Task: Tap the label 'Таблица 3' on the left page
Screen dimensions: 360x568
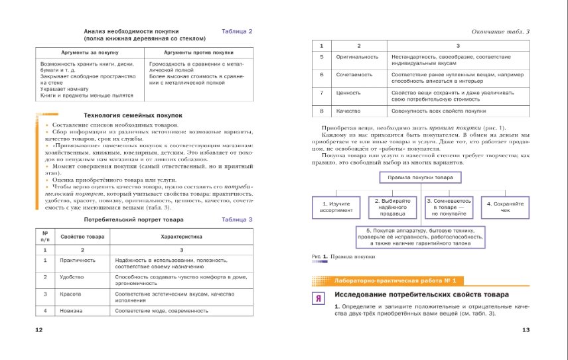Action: (x=237, y=219)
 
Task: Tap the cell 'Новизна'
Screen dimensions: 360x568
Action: (x=71, y=310)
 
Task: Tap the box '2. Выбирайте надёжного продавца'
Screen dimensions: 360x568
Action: (x=393, y=206)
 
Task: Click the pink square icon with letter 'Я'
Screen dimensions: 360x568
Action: (x=319, y=298)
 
